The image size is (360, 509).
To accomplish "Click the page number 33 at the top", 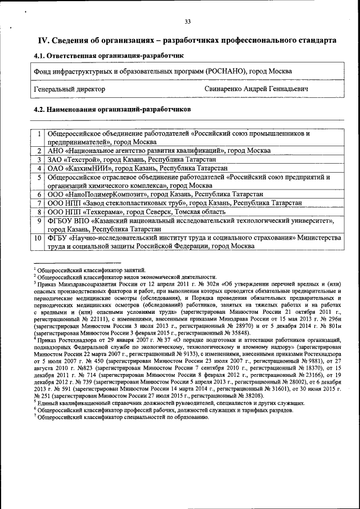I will click(x=187, y=22).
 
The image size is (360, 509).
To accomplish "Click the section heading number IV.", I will click(x=43, y=40).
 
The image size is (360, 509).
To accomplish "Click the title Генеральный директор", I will click(x=69, y=89).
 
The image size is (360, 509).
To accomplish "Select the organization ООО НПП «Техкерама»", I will click(x=88, y=211).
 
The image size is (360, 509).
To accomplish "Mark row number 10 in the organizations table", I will click(x=38, y=238).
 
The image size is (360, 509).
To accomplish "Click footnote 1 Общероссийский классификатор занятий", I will click(x=90, y=269).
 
